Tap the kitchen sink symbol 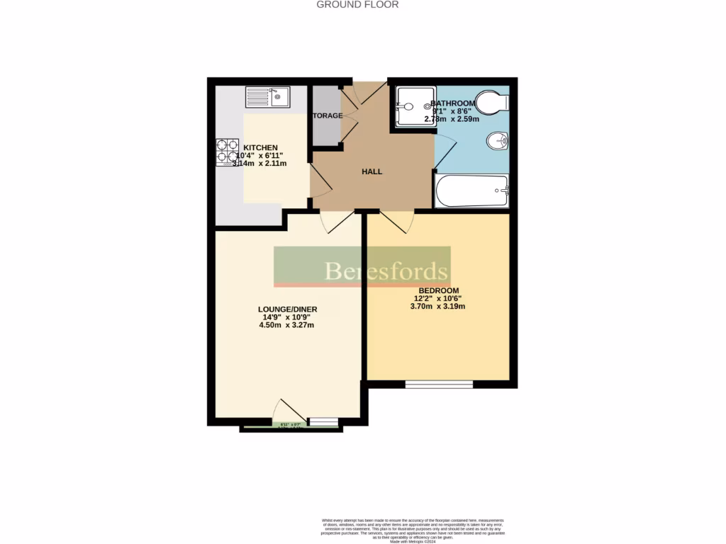pos(267,96)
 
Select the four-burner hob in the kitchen pos(227,151)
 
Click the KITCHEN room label pos(261,147)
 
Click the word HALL pos(372,171)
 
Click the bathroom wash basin pos(497,142)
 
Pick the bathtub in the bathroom pos(471,191)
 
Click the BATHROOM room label pos(454,103)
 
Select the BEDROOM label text pos(439,290)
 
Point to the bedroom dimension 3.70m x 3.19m pos(439,307)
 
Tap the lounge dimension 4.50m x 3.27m pos(287,326)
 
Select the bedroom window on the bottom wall pos(439,384)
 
